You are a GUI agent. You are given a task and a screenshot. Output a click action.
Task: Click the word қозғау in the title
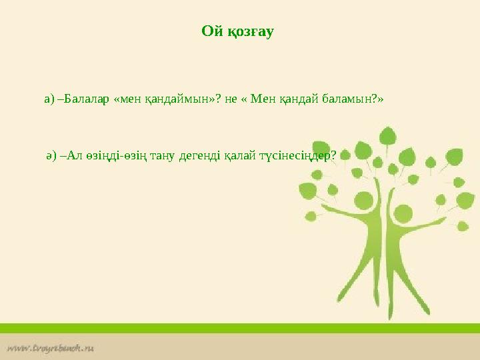(x=251, y=32)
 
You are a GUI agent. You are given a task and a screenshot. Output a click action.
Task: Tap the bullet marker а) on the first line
(x=49, y=99)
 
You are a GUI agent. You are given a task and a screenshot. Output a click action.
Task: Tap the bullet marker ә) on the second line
(x=51, y=156)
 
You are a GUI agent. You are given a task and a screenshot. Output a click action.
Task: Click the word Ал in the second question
(x=75, y=156)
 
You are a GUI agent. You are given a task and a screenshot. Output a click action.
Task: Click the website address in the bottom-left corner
(x=51, y=347)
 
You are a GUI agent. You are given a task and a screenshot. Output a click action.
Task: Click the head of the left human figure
(x=364, y=199)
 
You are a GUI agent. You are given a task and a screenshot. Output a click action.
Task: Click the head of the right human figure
(x=405, y=213)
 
